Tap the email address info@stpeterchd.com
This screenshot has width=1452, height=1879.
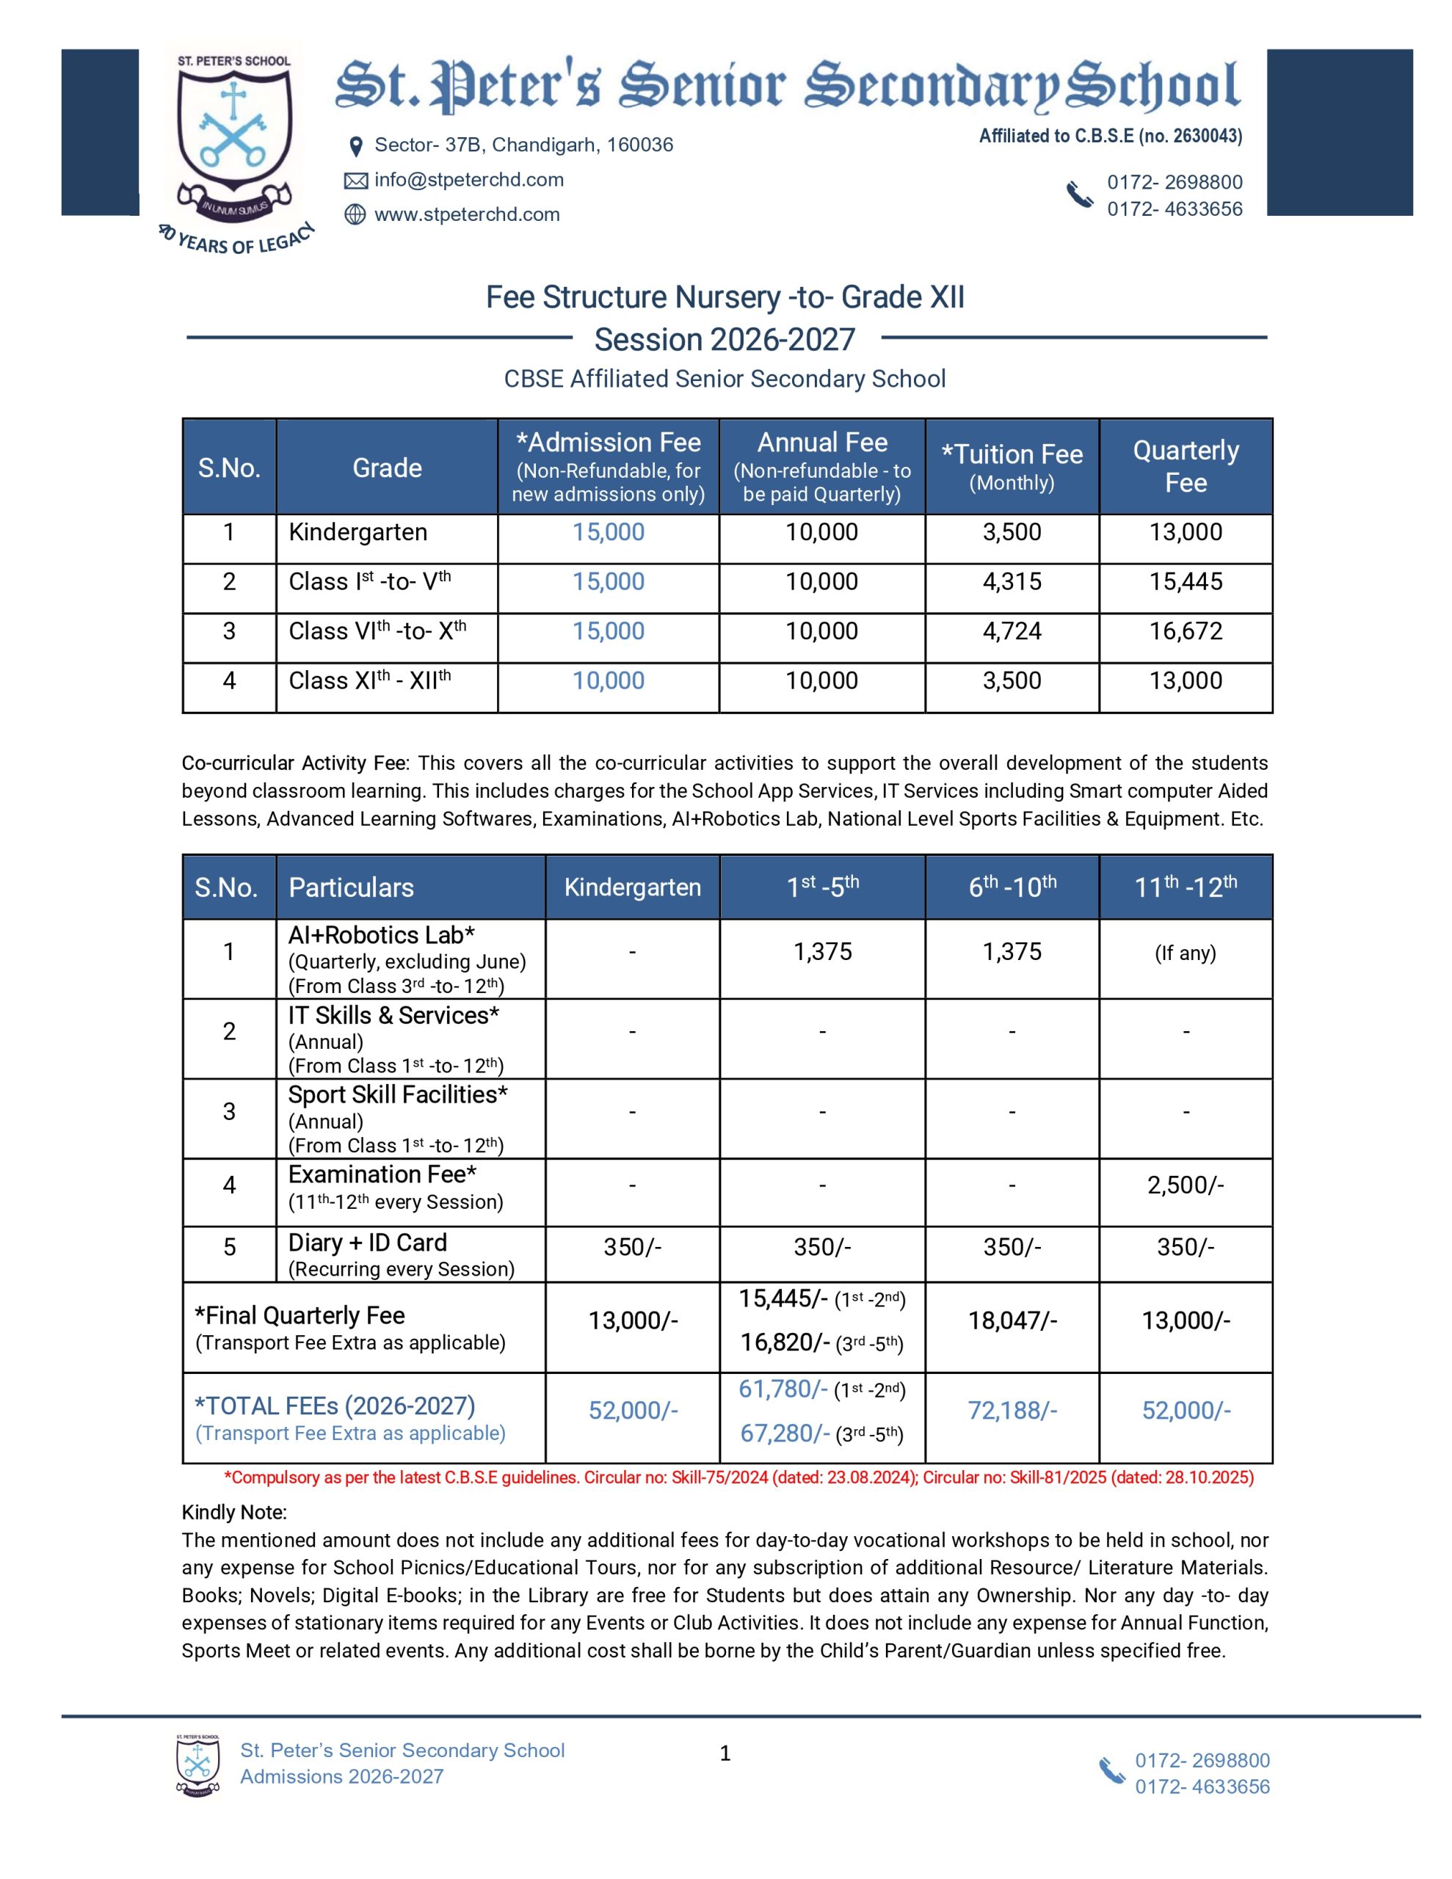point(468,180)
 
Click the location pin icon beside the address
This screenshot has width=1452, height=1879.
point(355,146)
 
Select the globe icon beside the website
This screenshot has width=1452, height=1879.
point(355,214)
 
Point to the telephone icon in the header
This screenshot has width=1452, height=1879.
point(1079,195)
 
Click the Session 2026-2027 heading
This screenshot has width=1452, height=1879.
point(725,340)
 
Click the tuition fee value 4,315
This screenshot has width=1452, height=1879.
point(1012,581)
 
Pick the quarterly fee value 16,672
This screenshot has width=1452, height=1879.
point(1186,631)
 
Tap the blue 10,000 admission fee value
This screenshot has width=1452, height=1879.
point(608,680)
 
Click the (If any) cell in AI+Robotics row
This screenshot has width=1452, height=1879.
point(1186,953)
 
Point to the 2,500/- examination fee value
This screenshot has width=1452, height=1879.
point(1186,1185)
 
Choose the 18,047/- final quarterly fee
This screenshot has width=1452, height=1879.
point(1012,1320)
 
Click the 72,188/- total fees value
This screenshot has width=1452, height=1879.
point(1012,1411)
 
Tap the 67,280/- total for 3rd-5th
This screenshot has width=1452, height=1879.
point(784,1433)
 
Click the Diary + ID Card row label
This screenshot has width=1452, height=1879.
point(368,1243)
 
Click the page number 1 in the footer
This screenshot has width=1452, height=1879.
point(725,1753)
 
